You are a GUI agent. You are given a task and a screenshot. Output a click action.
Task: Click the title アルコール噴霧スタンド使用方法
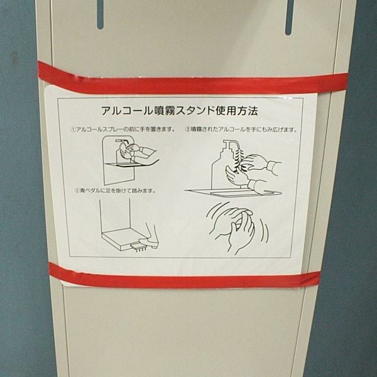click(179, 111)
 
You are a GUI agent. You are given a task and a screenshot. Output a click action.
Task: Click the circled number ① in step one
click(73, 129)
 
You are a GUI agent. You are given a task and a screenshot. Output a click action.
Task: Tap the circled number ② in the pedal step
click(77, 191)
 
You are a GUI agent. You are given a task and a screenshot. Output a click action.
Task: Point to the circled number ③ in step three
click(187, 129)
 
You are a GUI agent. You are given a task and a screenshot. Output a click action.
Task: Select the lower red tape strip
click(185, 276)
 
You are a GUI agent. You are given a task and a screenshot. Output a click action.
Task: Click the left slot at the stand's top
click(101, 14)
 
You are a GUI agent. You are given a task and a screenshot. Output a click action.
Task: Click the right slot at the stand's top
click(290, 17)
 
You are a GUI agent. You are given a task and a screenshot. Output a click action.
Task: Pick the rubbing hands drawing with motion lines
click(237, 227)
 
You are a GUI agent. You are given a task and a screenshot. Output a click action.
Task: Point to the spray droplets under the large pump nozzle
click(237, 160)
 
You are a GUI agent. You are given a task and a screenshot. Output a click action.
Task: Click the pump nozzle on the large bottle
click(231, 145)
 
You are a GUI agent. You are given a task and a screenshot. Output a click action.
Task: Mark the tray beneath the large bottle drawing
click(233, 193)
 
